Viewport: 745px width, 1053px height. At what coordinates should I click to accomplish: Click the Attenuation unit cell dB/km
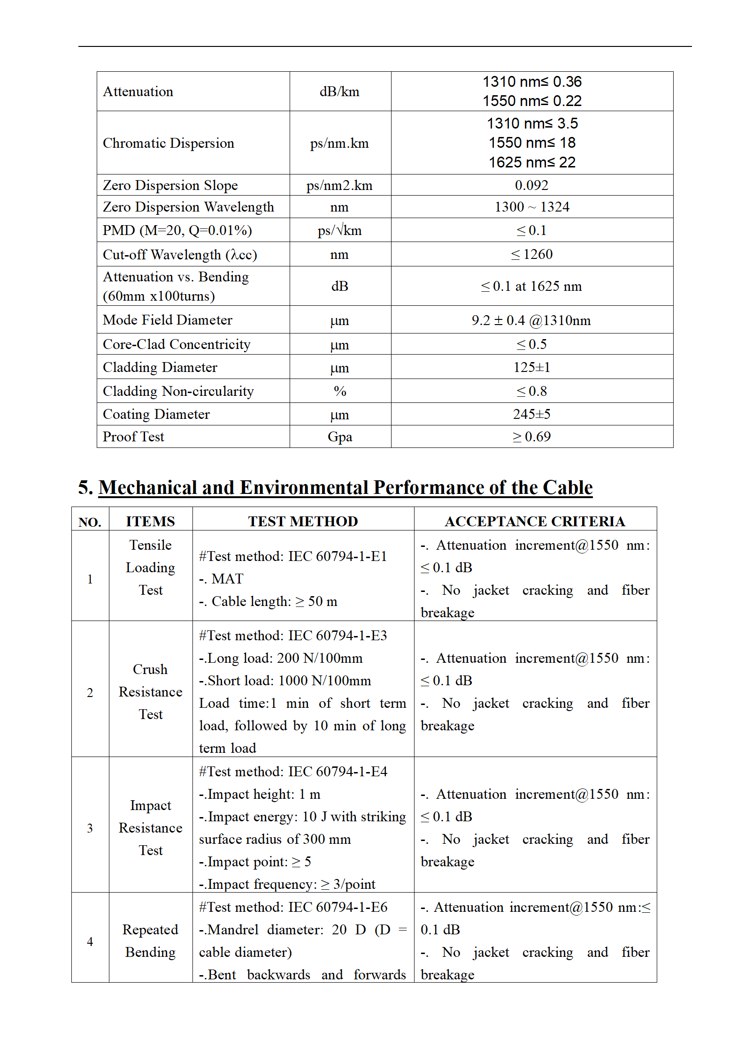pos(339,91)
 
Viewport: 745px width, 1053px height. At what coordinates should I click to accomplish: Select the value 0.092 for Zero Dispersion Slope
pos(531,185)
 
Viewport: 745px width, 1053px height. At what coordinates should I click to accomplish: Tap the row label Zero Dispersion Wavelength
pos(188,207)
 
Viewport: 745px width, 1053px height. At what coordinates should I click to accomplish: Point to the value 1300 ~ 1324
pos(532,207)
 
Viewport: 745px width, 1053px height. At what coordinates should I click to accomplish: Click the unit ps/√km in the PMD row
pos(339,230)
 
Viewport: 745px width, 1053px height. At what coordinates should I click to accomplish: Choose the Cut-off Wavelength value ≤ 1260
pos(531,254)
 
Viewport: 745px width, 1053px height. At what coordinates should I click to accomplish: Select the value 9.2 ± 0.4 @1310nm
pos(531,320)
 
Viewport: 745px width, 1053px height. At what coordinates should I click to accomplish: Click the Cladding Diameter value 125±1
pos(531,367)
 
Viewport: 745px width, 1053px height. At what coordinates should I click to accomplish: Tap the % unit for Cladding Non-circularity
pos(340,391)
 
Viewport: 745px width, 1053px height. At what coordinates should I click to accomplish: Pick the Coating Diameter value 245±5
pos(531,414)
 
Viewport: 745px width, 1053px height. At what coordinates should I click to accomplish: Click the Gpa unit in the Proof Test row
pos(340,437)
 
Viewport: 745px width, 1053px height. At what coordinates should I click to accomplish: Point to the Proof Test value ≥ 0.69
pos(531,437)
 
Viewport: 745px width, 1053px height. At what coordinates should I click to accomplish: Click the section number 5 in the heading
pos(85,488)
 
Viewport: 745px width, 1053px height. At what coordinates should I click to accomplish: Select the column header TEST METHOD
pos(303,521)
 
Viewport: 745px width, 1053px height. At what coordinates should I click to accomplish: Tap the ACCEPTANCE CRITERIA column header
pos(535,521)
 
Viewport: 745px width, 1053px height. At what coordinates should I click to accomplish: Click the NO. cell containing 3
pos(90,828)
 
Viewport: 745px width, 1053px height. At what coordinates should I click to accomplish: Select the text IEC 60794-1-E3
pos(338,636)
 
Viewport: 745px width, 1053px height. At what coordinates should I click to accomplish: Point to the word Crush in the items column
pos(150,669)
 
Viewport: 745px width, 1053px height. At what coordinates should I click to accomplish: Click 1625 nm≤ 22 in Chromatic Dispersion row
pos(532,162)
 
